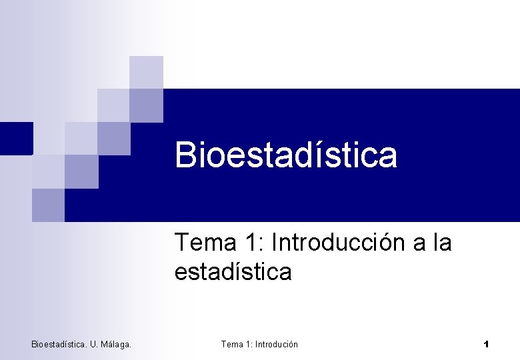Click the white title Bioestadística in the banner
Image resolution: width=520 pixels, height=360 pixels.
coord(286,155)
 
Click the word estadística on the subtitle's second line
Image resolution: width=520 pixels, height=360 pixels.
coord(233,272)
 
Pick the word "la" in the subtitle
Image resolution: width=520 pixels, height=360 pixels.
coord(442,243)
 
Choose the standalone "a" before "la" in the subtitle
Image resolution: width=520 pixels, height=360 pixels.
coord(420,244)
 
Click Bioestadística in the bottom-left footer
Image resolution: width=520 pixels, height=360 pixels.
coord(59,344)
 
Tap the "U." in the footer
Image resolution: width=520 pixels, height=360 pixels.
coord(95,344)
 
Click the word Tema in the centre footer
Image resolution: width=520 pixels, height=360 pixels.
coord(232,344)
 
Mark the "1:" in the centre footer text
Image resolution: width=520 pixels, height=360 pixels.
coord(250,344)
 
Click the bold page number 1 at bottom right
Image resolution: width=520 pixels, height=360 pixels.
coord(486,344)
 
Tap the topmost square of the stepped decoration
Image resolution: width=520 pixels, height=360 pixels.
coord(146,72)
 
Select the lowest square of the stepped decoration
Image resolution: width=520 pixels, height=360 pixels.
coord(48,205)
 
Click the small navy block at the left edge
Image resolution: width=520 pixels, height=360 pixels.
coord(16,138)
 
